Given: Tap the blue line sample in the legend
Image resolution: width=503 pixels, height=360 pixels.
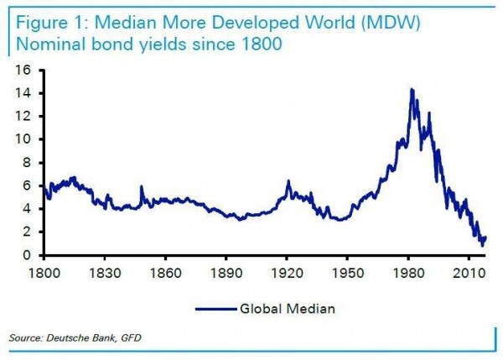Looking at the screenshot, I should pos(218,309).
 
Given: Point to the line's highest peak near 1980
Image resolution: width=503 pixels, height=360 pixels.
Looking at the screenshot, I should pos(411,89).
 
